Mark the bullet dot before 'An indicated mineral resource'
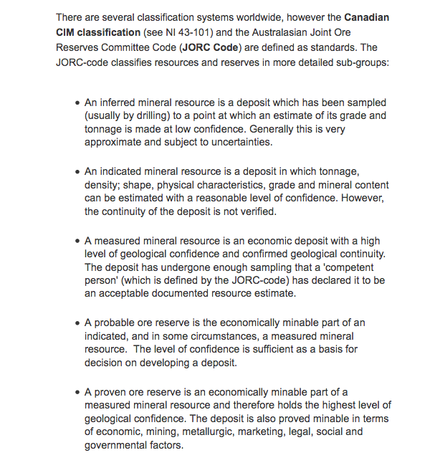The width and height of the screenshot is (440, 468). click(x=77, y=172)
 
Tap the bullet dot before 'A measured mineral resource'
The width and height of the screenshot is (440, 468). click(x=77, y=242)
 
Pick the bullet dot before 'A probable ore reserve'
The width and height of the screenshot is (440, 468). click(x=77, y=323)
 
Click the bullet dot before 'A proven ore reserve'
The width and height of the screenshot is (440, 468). click(x=77, y=393)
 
